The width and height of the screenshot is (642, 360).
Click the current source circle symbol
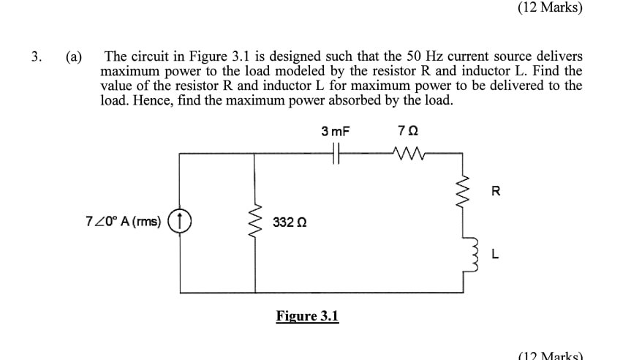tap(180, 220)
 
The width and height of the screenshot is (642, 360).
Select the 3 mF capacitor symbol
tap(336, 154)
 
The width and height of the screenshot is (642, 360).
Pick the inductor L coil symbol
tap(463, 253)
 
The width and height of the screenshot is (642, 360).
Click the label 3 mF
tap(336, 132)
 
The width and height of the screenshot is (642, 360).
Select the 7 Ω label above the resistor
tap(407, 132)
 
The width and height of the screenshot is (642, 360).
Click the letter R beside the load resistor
tap(496, 192)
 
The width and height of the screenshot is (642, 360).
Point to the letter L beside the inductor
tap(495, 255)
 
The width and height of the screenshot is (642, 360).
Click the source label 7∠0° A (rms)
tap(123, 221)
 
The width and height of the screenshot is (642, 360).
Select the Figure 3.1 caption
tap(307, 316)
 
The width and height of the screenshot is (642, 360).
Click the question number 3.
tap(36, 56)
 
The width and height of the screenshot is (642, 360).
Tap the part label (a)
tap(74, 56)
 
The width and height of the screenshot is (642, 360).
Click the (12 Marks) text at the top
tap(549, 9)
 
